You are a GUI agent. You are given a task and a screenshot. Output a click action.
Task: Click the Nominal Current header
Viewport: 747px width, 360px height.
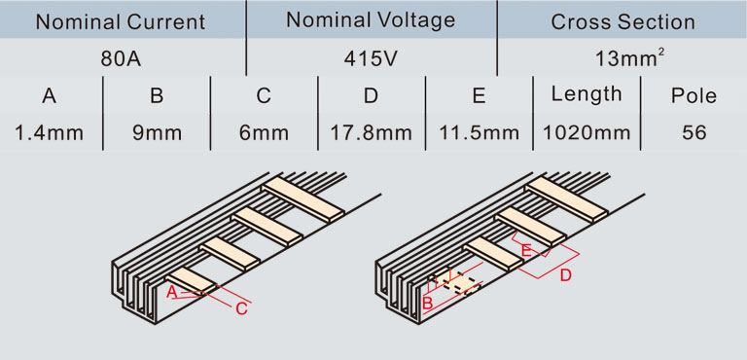click(121, 22)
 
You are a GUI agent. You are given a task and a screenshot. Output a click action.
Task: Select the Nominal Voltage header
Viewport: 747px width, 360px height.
click(371, 20)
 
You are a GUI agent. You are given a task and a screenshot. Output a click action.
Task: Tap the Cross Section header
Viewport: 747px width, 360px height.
click(622, 22)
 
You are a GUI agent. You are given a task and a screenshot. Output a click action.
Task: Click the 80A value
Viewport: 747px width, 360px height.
click(121, 59)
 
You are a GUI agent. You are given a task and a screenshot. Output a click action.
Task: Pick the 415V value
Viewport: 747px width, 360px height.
click(371, 59)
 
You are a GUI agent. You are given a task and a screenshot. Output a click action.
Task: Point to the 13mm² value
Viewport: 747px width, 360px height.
click(630, 58)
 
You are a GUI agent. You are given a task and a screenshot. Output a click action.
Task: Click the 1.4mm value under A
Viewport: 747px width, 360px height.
click(49, 133)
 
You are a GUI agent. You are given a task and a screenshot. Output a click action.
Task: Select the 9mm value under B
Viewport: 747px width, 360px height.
click(157, 133)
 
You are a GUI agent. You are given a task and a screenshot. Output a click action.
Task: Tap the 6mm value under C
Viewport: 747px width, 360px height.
click(264, 133)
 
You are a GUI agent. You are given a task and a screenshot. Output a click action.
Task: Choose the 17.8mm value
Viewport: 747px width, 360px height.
click(372, 133)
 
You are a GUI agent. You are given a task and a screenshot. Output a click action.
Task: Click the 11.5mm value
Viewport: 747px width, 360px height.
click(479, 133)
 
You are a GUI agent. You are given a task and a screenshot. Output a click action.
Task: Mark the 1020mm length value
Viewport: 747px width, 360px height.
click(587, 133)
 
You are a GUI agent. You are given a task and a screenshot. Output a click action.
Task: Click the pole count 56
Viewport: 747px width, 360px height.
click(694, 133)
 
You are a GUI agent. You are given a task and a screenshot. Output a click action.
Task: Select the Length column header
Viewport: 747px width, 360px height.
click(587, 95)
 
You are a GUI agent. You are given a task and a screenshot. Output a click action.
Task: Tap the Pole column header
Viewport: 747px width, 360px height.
click(694, 96)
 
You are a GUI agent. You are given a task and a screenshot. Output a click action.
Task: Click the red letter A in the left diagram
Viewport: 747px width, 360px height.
click(171, 292)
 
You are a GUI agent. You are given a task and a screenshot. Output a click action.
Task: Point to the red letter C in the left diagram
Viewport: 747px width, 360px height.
click(241, 309)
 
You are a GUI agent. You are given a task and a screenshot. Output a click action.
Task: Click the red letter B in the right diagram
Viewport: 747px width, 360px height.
click(427, 302)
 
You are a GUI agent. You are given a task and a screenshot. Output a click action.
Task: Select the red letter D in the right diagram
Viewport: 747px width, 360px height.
click(565, 275)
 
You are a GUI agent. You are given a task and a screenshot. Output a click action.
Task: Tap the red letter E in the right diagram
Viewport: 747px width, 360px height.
click(526, 250)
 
